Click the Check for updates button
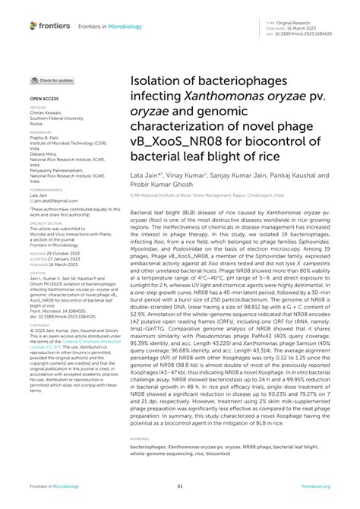tap(52, 81)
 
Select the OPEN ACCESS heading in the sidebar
tap(44, 99)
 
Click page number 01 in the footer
tap(180, 488)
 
